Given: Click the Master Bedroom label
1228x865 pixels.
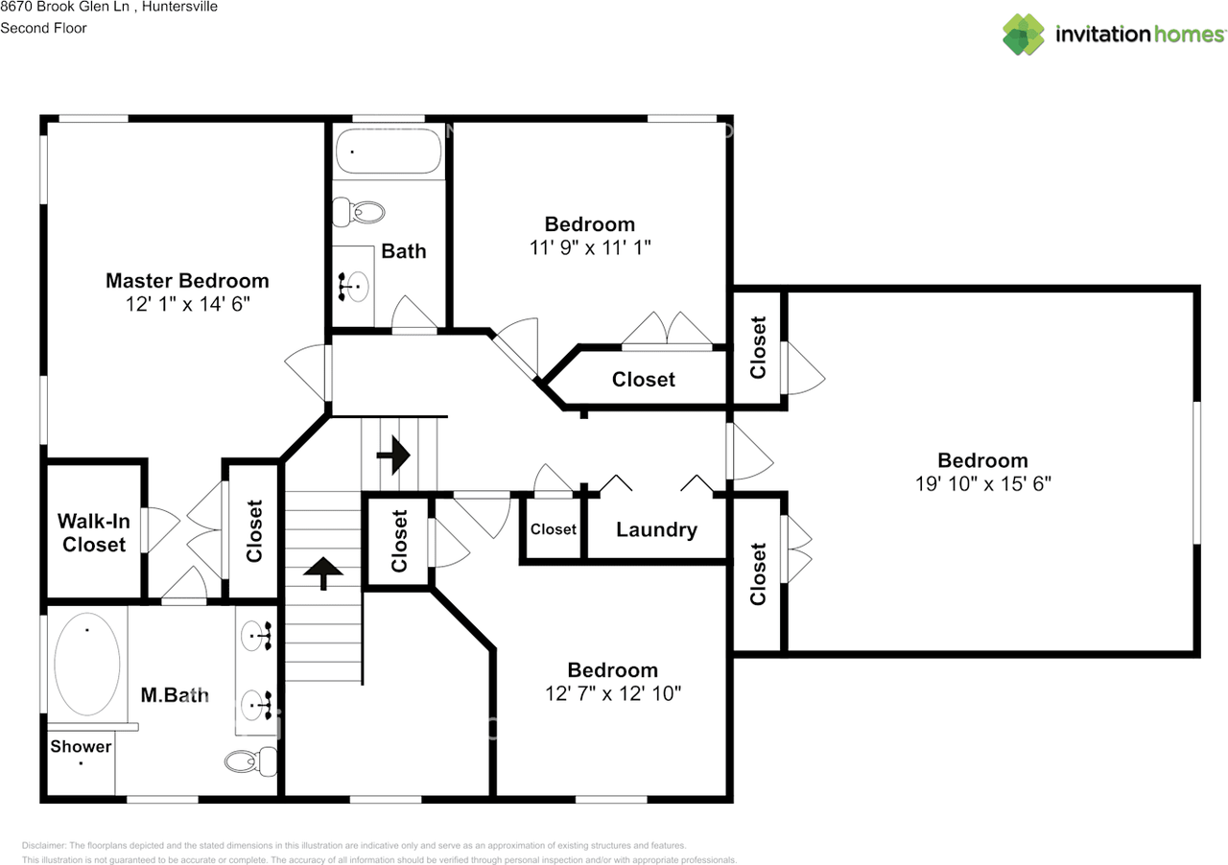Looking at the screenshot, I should click(187, 281).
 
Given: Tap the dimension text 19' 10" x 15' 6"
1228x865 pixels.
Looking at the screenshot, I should click(982, 484).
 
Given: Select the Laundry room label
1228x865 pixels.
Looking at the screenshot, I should click(656, 529).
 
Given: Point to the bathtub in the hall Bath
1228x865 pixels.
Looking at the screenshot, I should click(388, 151).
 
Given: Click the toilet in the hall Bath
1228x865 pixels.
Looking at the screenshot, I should click(358, 212).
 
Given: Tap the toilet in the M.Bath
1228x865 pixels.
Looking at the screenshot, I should click(250, 762).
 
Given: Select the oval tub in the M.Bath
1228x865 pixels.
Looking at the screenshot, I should click(87, 665).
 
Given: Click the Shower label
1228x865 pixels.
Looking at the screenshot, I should click(81, 746).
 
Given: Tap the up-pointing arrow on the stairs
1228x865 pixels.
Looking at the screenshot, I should click(323, 573).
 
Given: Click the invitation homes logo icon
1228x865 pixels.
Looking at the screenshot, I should click(1024, 35).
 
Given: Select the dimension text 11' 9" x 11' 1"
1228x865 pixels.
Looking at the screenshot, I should click(589, 247).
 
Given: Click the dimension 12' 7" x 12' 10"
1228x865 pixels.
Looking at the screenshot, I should click(612, 693).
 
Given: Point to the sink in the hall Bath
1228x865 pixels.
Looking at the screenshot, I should click(355, 285).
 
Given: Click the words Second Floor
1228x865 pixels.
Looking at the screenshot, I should click(43, 28).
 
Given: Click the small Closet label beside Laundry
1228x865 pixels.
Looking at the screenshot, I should click(554, 529).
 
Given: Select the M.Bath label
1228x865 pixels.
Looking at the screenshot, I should click(175, 695).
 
